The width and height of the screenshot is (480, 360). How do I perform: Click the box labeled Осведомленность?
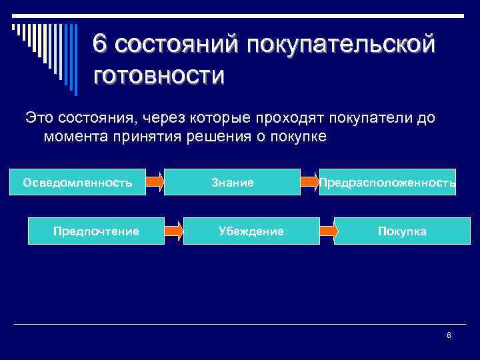point(77,182)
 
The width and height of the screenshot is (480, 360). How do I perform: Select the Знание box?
point(232,182)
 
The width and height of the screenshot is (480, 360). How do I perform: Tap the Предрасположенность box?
point(387,182)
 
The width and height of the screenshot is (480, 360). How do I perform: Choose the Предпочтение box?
point(96,231)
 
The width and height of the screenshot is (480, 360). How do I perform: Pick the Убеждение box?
point(251,231)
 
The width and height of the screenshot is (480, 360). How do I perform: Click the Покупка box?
point(402,231)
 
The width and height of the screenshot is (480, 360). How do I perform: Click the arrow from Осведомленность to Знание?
point(155,182)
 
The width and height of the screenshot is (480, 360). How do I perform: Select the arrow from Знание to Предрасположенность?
point(309,182)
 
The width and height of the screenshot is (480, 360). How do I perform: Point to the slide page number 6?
point(449,335)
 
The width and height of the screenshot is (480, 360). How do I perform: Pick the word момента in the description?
point(74,137)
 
